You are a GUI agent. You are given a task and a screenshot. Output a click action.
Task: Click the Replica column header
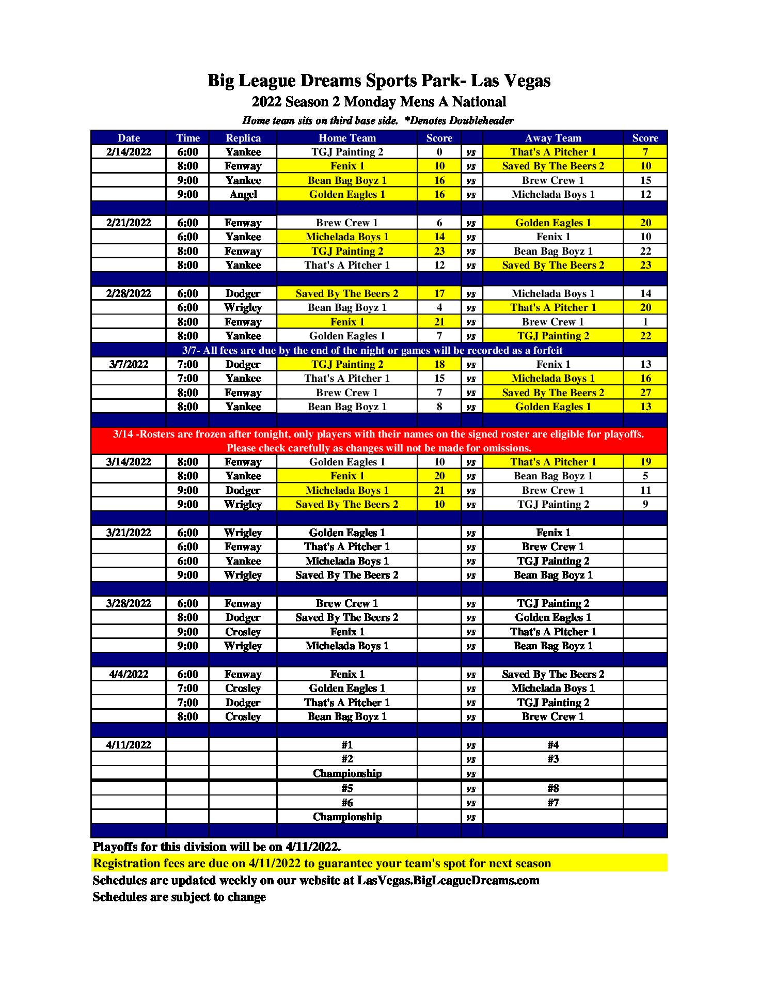(243, 138)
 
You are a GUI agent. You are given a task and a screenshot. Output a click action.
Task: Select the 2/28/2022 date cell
(129, 293)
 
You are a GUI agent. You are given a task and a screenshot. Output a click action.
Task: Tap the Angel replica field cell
(243, 194)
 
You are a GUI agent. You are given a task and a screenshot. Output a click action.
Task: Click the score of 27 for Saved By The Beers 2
(645, 393)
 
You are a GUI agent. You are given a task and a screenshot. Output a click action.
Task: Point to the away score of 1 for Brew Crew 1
(645, 322)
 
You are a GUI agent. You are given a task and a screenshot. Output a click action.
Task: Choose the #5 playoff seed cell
(347, 788)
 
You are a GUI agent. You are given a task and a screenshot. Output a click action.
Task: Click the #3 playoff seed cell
(553, 759)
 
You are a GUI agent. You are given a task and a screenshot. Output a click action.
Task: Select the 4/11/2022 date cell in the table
(129, 745)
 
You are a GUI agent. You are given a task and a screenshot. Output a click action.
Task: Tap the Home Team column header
(347, 138)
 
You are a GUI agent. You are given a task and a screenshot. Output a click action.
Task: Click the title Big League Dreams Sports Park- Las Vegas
(379, 81)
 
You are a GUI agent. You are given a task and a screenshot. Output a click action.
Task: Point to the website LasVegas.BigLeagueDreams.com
(448, 880)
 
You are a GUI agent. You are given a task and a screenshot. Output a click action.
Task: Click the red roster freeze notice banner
(379, 441)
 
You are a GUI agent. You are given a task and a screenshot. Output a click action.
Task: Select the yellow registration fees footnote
(322, 863)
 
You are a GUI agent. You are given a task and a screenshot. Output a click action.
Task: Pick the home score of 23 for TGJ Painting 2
(439, 251)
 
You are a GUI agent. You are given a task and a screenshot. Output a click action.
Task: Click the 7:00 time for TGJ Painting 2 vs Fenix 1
(187, 364)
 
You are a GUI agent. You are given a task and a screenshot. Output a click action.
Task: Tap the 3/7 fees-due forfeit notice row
(372, 350)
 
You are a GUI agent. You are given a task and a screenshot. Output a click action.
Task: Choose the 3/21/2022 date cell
(129, 533)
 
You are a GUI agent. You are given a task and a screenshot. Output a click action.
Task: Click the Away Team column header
(553, 138)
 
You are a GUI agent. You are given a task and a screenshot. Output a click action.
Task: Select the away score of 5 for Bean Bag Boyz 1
(645, 476)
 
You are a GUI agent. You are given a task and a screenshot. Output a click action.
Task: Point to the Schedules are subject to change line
(179, 897)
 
